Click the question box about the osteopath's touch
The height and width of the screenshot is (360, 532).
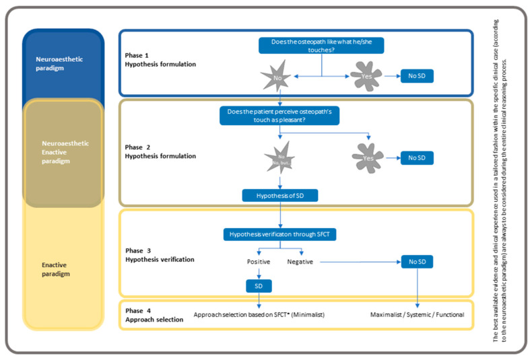[x=322, y=45]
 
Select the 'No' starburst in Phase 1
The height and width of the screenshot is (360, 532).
[x=277, y=76]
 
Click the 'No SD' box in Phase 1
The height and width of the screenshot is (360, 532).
[x=417, y=76]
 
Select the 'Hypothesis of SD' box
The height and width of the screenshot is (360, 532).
[x=279, y=195]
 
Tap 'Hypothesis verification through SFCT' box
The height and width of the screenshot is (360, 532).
[x=279, y=235]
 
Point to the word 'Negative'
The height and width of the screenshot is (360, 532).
[x=300, y=261]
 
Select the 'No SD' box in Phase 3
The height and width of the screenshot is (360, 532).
[x=417, y=261]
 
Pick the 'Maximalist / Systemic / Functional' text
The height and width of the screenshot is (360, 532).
[x=417, y=314]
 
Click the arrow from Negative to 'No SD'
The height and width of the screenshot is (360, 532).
[x=357, y=261]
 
